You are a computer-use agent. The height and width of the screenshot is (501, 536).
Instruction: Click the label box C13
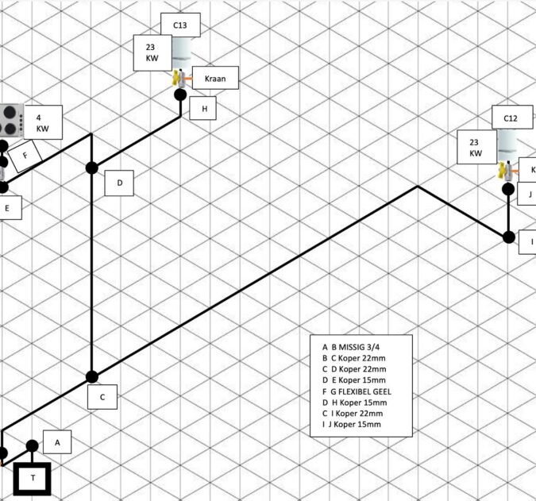tap(180, 25)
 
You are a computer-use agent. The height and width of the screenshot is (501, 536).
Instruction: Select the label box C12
tap(511, 118)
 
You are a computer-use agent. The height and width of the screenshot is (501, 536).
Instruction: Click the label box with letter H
tap(204, 108)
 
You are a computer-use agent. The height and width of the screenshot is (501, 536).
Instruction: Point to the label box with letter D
tap(119, 183)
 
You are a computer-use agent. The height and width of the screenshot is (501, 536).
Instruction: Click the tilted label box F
tap(25, 156)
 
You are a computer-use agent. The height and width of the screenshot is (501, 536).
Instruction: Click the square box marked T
tap(33, 477)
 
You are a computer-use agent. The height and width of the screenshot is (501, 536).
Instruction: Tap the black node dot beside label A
tap(33, 445)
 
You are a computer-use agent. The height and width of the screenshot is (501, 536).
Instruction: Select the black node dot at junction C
tap(91, 376)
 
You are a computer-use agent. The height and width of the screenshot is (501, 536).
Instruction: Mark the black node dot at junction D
tap(91, 168)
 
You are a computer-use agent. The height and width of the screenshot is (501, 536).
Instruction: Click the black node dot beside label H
tap(180, 94)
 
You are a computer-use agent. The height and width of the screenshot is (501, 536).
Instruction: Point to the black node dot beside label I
tap(508, 236)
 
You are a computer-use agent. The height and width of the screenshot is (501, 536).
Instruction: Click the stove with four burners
tap(10, 119)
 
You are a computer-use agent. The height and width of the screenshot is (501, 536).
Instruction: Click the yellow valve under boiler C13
tap(179, 79)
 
